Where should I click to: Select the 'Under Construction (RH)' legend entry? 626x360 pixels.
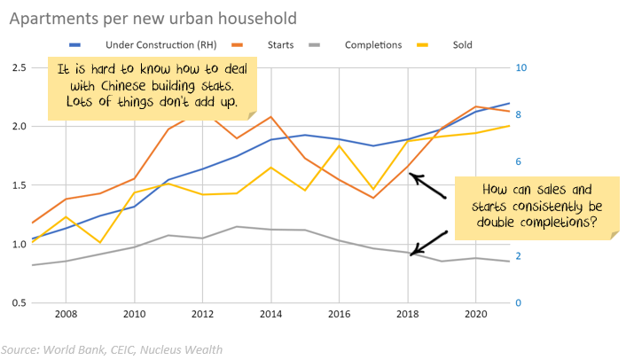click(152, 44)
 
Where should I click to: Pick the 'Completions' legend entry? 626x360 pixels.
click(372, 44)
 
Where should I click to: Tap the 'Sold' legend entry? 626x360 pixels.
click(462, 44)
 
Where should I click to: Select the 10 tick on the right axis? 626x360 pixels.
click(522, 67)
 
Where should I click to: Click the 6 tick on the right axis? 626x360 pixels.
click(521, 161)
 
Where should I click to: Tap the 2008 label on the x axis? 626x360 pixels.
click(66, 315)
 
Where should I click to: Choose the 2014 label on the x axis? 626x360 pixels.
click(271, 315)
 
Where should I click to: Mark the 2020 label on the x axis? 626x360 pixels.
click(476, 315)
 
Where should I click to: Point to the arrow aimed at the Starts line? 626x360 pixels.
click(427, 186)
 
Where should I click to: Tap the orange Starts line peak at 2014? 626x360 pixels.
click(271, 116)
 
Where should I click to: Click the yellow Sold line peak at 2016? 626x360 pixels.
click(340, 145)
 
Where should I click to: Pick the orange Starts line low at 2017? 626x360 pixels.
click(373, 198)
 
